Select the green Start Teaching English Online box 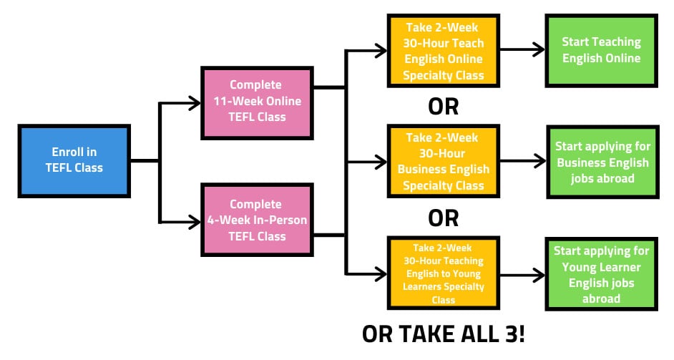click(x=601, y=50)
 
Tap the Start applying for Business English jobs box click(x=602, y=162)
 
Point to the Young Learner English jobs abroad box click(x=601, y=274)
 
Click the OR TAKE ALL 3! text click(x=444, y=334)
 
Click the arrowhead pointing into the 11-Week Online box click(x=195, y=103)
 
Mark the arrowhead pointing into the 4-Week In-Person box click(x=195, y=220)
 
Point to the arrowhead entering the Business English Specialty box click(x=380, y=162)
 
